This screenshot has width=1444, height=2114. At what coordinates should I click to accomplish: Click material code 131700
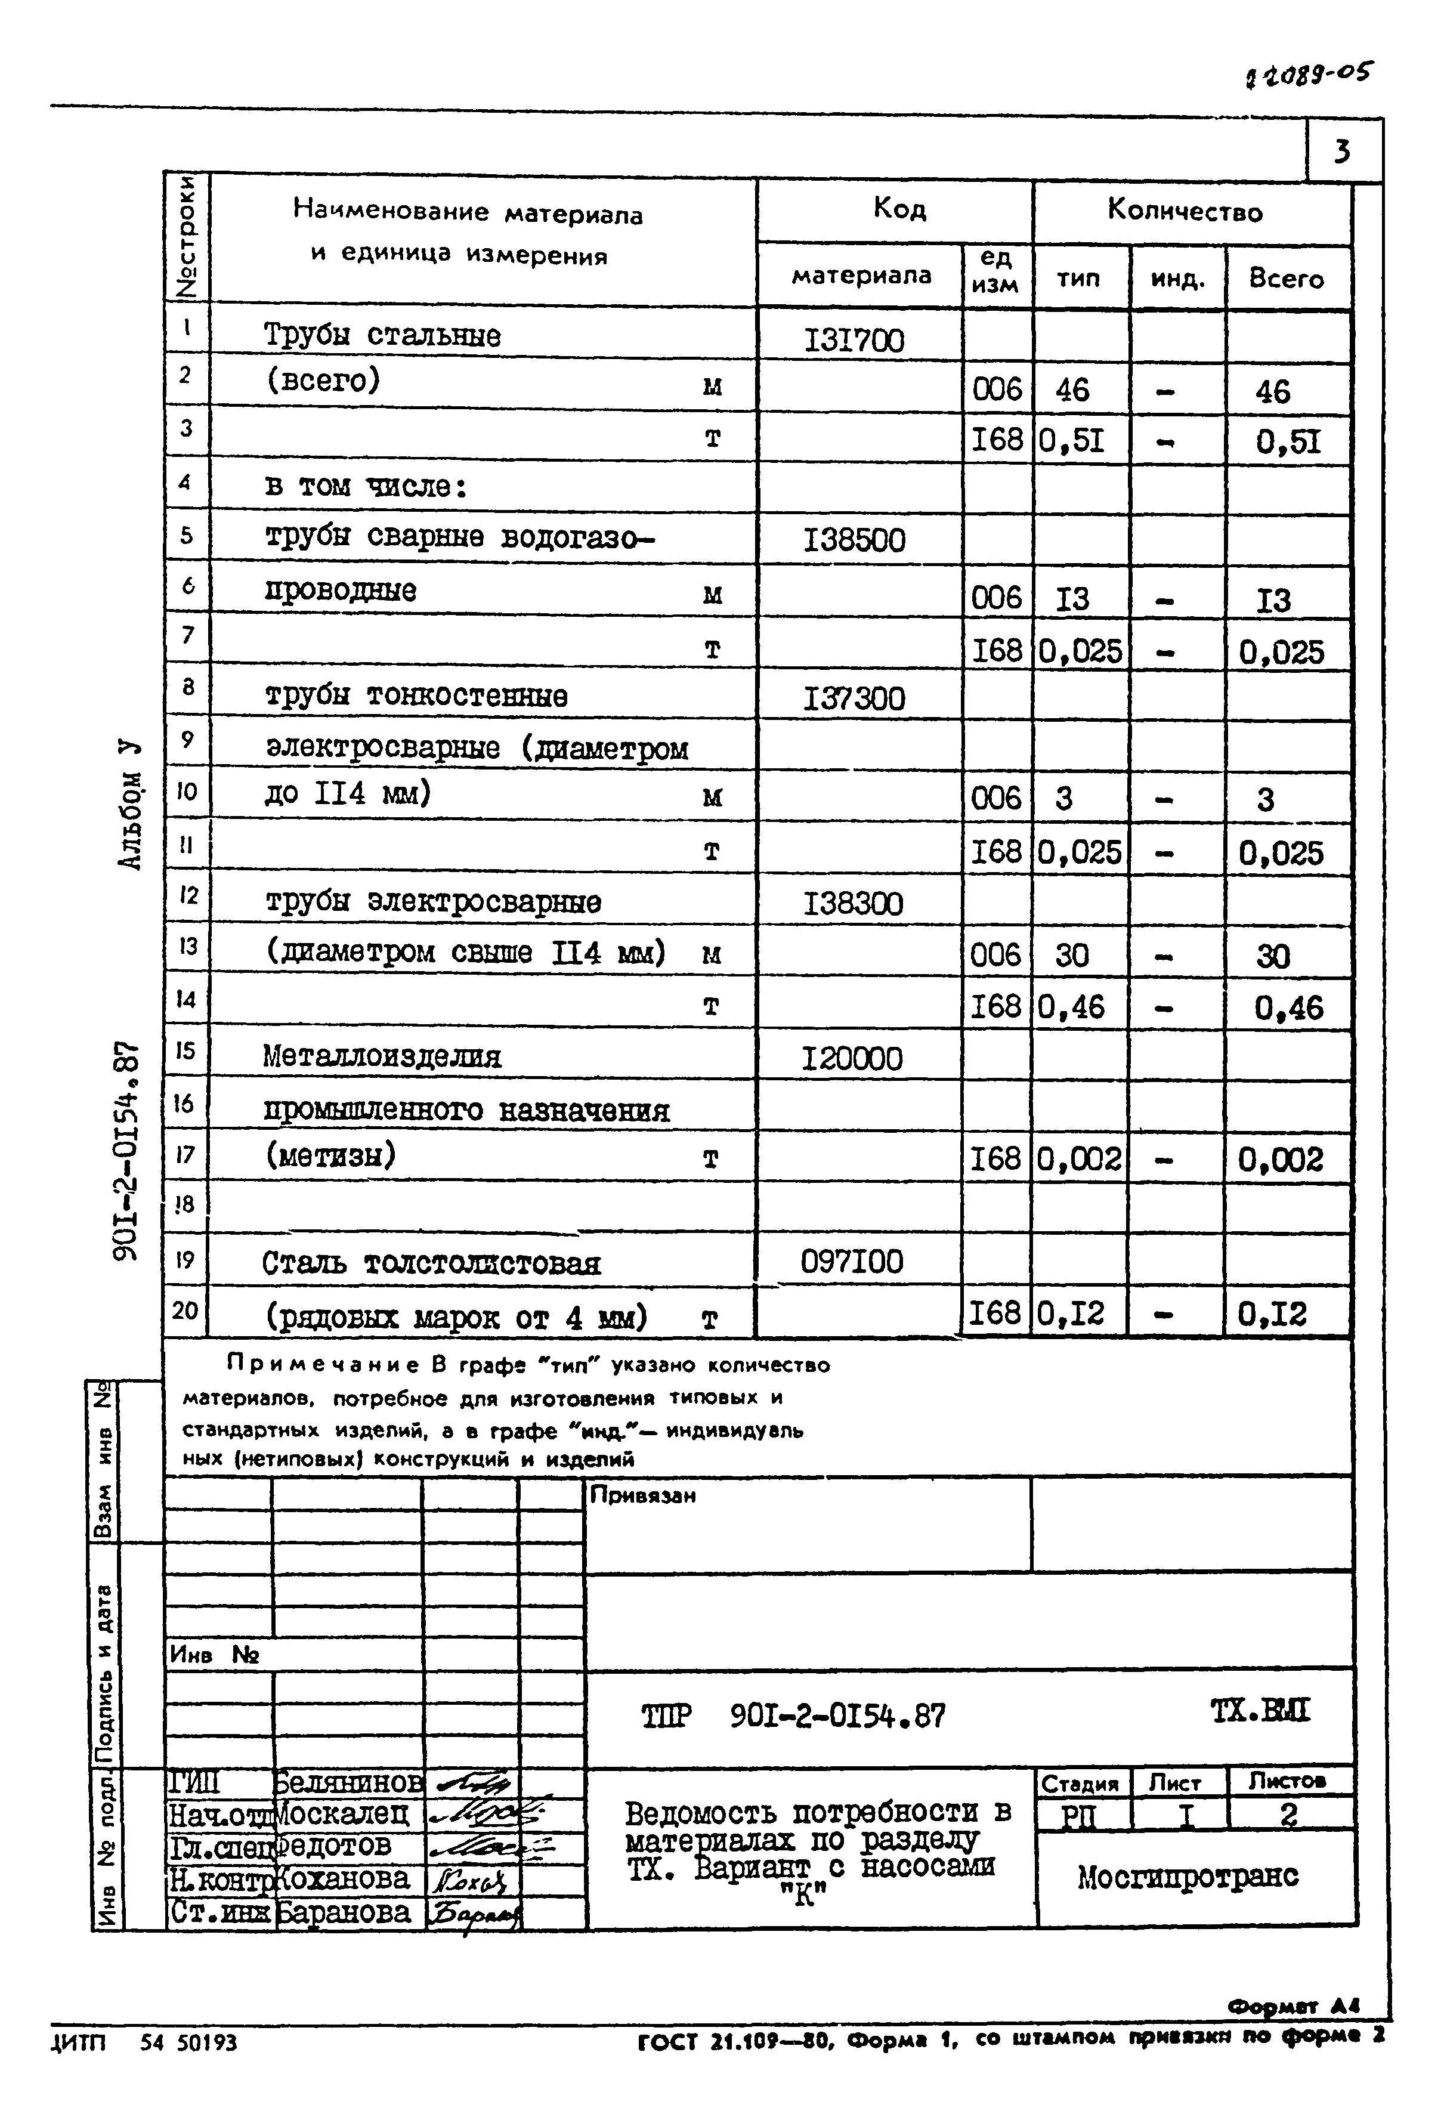point(854,341)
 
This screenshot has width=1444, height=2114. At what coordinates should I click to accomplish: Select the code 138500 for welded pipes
point(854,541)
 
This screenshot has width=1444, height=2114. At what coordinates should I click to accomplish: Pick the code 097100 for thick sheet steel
point(852,1262)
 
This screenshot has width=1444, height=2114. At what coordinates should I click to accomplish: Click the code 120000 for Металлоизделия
point(852,1059)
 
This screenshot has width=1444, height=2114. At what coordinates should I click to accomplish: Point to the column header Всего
point(1286,279)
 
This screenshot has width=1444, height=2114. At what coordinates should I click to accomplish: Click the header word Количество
point(1185,212)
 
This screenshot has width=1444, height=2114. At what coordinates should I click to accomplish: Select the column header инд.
point(1177,279)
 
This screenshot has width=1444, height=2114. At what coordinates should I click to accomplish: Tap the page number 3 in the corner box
point(1342,151)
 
